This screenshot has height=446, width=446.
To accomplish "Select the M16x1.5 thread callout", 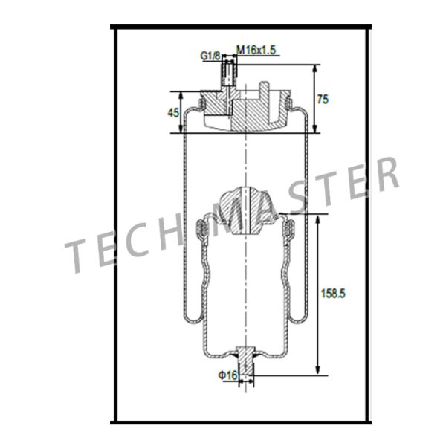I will pos(256,50).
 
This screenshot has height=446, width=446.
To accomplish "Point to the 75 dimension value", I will pos(323,99).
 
